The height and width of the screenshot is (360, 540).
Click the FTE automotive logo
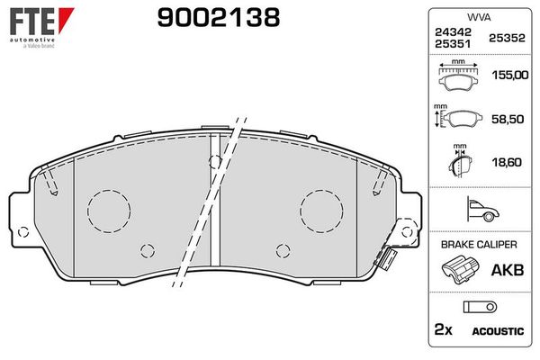click(x=41, y=28)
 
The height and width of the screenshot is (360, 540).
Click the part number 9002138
click(x=219, y=18)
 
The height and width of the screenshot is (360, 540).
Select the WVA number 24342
click(x=453, y=32)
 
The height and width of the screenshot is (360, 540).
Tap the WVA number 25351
click(x=453, y=44)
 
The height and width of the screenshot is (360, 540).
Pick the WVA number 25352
click(x=507, y=38)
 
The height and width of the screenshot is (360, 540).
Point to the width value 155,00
click(x=510, y=75)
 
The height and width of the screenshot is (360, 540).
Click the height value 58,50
click(x=508, y=119)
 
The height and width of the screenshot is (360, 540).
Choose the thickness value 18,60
click(x=507, y=162)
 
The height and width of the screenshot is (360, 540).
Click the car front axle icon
click(x=482, y=209)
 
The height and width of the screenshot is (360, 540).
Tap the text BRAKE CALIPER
click(x=479, y=245)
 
